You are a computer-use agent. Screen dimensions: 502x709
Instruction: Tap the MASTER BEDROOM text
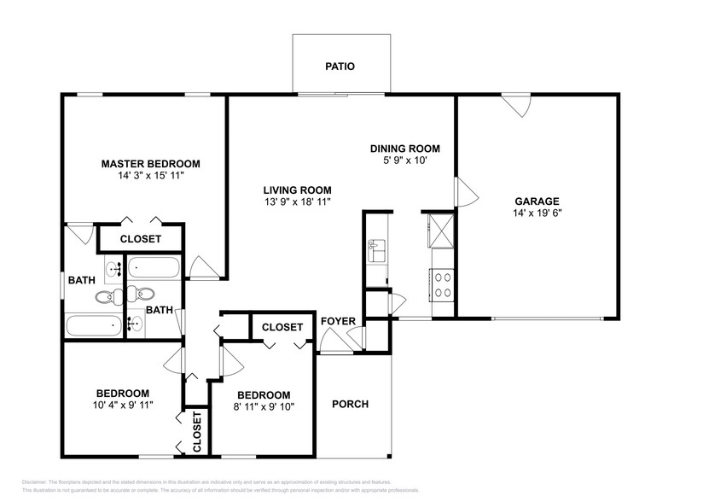150,164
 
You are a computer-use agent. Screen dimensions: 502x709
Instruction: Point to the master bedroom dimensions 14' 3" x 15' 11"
150,176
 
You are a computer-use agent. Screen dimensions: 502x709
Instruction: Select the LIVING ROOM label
297,190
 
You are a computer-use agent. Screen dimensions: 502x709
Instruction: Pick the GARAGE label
537,201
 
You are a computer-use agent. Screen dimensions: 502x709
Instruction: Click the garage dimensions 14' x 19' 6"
537,213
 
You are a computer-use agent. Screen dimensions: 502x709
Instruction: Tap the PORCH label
350,404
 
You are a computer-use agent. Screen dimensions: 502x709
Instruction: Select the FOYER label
338,321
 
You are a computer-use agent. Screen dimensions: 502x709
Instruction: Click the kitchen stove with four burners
443,283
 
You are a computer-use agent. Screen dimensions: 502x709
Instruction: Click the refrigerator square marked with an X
442,230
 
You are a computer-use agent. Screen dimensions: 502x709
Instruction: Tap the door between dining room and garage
466,192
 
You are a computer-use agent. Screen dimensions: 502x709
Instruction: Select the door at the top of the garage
514,107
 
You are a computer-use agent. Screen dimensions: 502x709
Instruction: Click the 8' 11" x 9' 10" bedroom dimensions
264,406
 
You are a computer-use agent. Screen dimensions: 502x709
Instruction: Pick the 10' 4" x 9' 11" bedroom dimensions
122,405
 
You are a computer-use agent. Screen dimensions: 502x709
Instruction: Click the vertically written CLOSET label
196,431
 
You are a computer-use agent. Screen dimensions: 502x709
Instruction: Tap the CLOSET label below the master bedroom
140,239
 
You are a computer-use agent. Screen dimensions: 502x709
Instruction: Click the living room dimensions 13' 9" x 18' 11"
297,202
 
